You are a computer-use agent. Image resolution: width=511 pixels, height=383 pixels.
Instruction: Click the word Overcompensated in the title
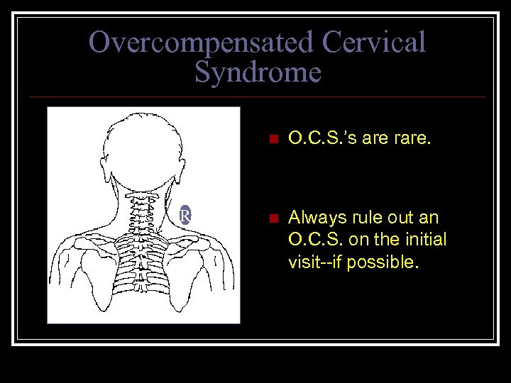202,43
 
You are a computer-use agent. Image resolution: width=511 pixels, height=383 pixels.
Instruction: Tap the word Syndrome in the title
258,72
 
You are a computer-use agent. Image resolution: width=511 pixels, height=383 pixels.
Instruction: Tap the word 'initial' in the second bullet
424,240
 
